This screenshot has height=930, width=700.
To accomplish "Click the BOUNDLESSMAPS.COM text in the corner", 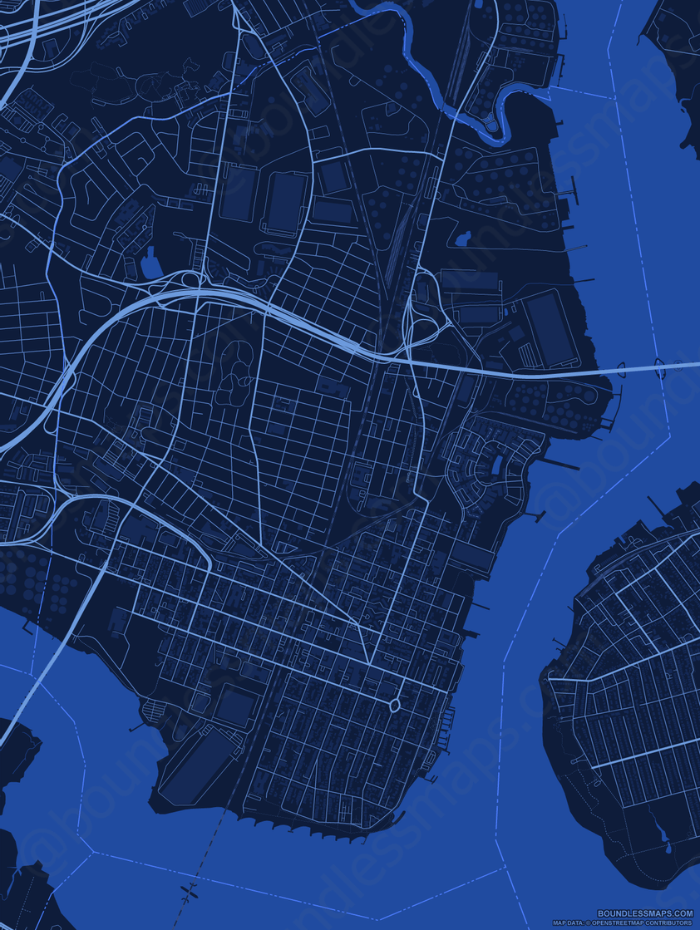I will tap(645, 913).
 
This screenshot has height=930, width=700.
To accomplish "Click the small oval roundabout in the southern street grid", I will tap(394, 706).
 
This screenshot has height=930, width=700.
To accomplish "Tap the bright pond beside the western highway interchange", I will tap(151, 264).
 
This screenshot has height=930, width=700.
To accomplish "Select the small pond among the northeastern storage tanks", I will tap(460, 239).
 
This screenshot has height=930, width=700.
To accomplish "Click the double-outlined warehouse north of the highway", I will tap(285, 202).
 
